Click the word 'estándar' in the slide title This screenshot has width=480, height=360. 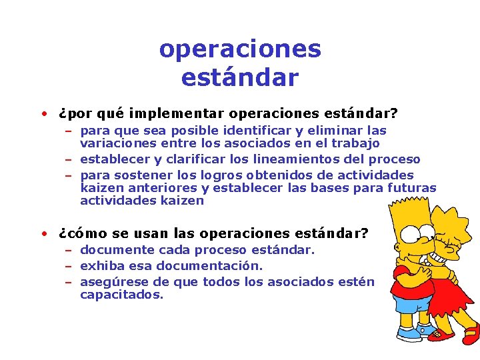coord(239,77)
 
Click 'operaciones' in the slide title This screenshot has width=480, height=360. coord(240,49)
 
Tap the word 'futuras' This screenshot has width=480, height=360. coord(411,188)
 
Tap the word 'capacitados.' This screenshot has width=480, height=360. coord(121,295)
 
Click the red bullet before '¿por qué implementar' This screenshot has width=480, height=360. coord(43,113)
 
